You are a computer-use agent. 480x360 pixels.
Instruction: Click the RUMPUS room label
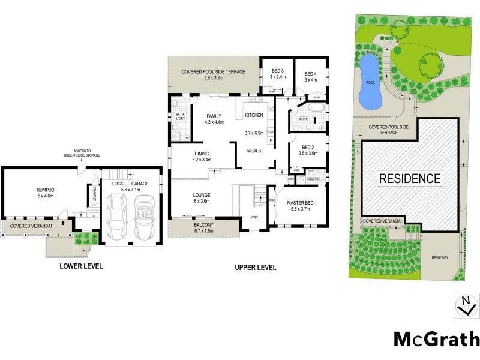[46, 189]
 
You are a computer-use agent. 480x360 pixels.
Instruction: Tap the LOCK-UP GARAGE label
[130, 183]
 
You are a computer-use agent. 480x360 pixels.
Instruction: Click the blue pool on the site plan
[369, 80]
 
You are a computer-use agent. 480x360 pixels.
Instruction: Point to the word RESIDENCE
[410, 178]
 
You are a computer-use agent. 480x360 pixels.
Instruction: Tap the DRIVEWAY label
[440, 257]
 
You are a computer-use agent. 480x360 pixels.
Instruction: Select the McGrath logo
[436, 339]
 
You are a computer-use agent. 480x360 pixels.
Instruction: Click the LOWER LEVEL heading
[81, 266]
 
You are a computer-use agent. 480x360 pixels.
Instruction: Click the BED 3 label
[277, 71]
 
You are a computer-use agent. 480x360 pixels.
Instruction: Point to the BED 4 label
[310, 73]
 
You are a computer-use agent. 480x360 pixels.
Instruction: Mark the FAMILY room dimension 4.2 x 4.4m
[214, 122]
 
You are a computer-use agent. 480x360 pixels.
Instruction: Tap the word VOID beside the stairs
[254, 217]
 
